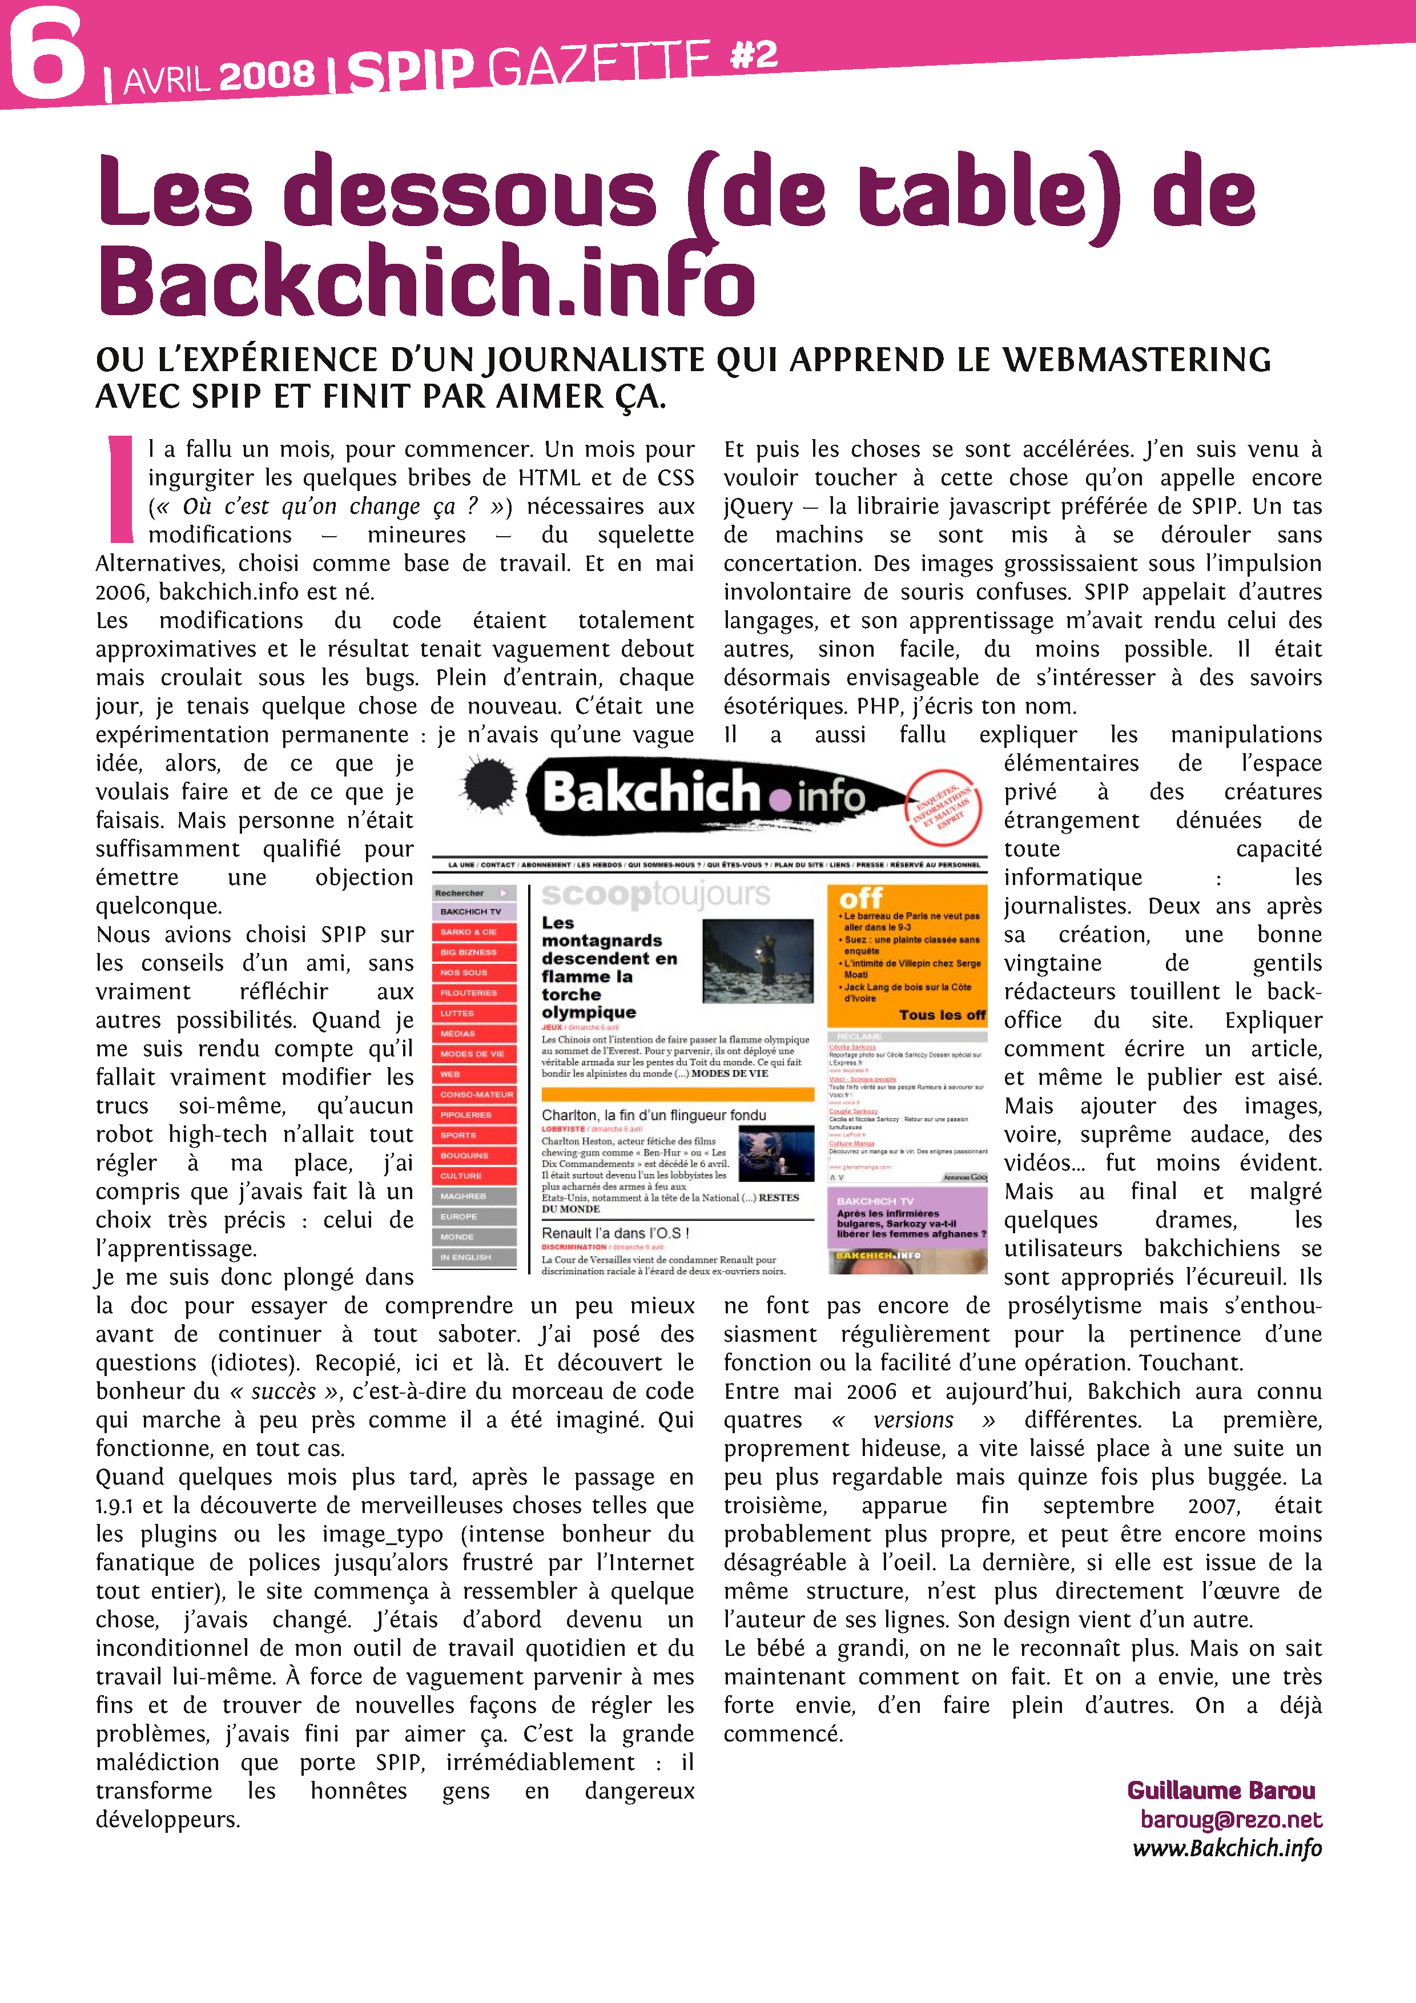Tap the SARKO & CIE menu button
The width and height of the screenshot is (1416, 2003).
(x=474, y=932)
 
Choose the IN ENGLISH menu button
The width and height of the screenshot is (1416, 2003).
(x=474, y=1257)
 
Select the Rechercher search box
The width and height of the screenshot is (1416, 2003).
(x=474, y=892)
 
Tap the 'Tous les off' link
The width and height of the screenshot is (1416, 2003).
(x=942, y=1015)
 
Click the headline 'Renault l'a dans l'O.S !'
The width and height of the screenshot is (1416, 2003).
(x=615, y=1233)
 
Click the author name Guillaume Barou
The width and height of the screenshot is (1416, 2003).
(x=1221, y=1791)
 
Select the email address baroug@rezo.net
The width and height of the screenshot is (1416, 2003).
(x=1230, y=1819)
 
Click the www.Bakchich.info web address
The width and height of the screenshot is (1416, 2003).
(x=1226, y=1848)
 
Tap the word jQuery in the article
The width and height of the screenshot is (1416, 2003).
(x=757, y=507)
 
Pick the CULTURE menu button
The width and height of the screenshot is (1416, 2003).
(x=474, y=1176)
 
